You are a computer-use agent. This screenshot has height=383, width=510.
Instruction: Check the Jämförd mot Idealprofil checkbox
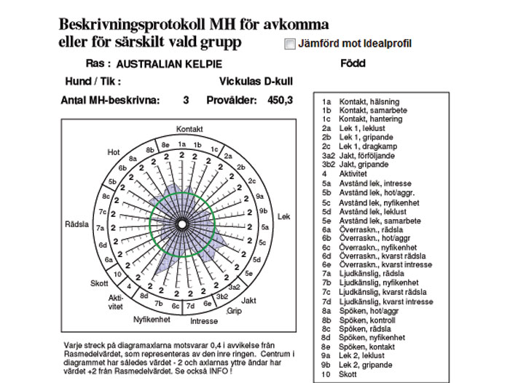coord(291,44)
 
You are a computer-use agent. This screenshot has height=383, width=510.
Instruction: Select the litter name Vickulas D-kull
coord(256,82)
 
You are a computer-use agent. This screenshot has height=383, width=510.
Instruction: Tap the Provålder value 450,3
coord(280,100)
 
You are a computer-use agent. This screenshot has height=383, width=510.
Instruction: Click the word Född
coord(353,63)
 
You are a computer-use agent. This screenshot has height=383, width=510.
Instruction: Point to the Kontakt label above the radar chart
coord(189,129)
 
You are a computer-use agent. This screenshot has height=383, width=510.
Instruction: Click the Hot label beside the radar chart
coord(113,152)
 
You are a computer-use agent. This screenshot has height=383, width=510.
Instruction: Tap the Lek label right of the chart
coord(284,217)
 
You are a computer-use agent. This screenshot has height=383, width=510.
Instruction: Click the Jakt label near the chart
coord(248,300)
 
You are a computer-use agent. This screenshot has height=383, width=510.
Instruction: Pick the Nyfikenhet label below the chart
coord(152,319)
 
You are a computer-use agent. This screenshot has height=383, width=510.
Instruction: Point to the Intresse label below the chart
coord(204,320)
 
